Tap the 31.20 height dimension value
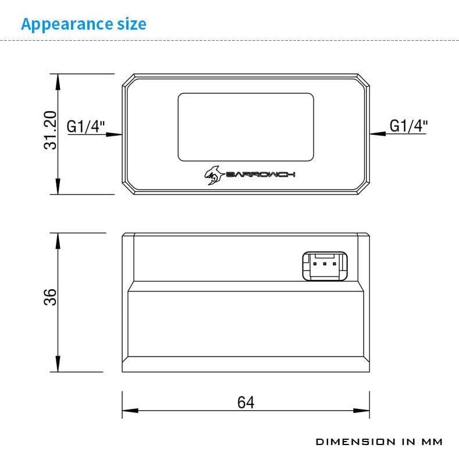[x=51, y=131]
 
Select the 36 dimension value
[x=51, y=297]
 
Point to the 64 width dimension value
[x=245, y=402]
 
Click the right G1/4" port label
[x=408, y=125]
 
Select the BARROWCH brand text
[x=259, y=175]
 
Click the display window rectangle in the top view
[x=245, y=126]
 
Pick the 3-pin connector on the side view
[x=324, y=266]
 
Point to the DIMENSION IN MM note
[x=379, y=442]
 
